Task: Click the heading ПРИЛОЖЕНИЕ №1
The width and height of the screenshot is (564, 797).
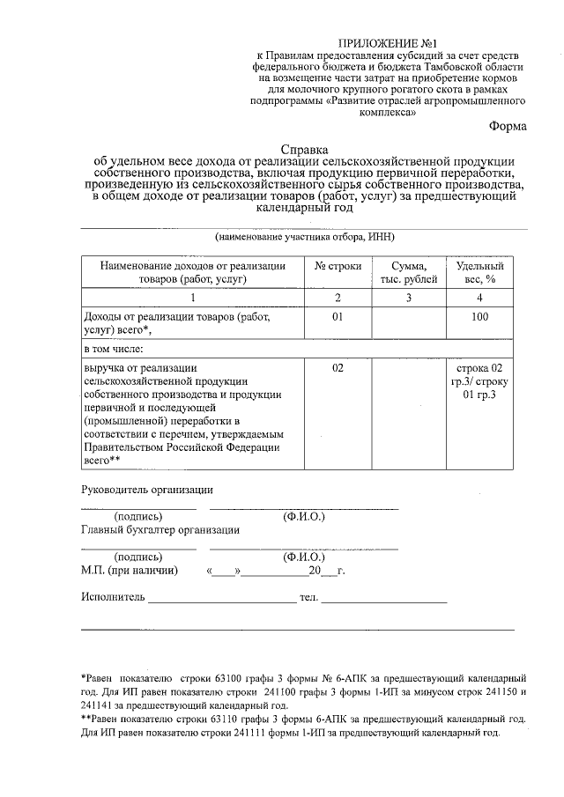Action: click(387, 42)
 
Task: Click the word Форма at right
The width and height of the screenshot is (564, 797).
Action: click(508, 126)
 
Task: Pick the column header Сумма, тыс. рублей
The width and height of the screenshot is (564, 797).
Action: click(408, 272)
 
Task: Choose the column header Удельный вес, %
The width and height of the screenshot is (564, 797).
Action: click(479, 272)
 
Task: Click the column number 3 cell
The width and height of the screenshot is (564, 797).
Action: click(408, 299)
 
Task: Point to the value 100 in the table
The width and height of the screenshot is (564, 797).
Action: click(479, 317)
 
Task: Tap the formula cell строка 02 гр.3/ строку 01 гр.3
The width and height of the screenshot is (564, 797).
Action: click(479, 380)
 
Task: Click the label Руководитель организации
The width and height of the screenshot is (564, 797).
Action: click(146, 490)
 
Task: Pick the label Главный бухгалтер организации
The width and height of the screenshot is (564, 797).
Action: click(160, 530)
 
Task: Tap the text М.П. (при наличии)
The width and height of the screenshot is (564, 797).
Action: click(130, 571)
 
